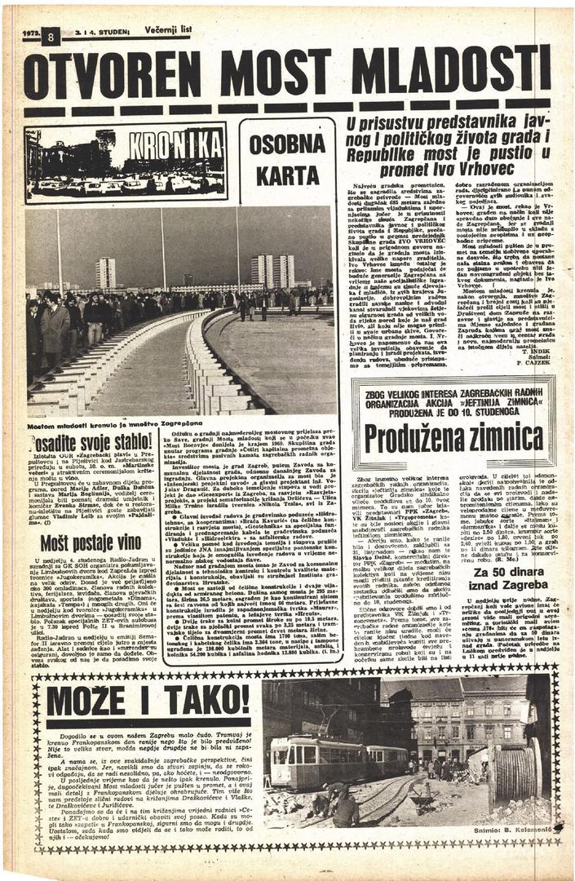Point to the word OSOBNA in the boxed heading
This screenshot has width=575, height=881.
(287, 144)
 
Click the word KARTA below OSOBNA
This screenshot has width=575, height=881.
(287, 175)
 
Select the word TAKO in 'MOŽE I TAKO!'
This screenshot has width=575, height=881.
(201, 700)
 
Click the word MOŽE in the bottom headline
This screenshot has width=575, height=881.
(89, 700)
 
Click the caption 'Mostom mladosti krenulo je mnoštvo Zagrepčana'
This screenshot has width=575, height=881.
(114, 427)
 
